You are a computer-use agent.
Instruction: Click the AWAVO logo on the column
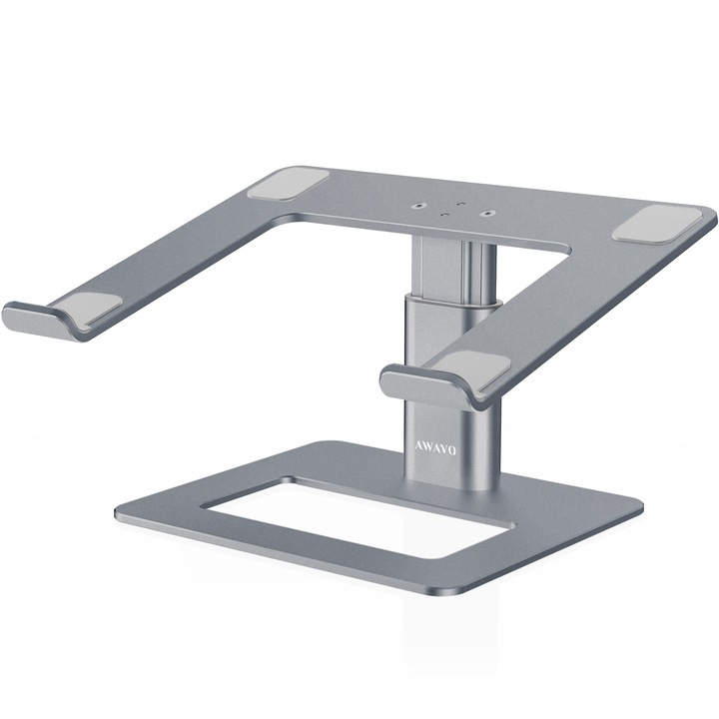point(435,448)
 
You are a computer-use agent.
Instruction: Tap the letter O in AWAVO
point(452,450)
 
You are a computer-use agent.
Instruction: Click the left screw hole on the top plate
point(417,207)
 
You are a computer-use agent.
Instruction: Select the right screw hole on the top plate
point(487,214)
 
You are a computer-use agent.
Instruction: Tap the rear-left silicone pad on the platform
point(289,185)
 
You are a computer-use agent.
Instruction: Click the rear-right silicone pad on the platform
point(657,224)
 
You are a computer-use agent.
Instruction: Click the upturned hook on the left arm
point(39,321)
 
